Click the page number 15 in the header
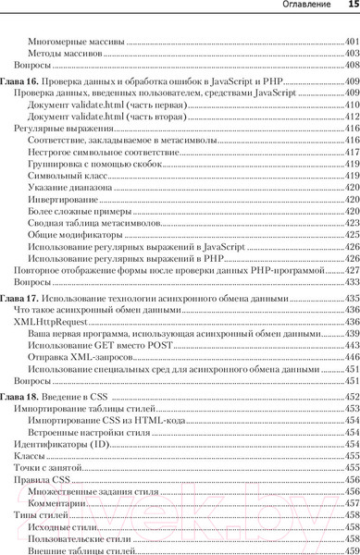pyautogui.click(x=353, y=7)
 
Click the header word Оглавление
pyautogui.click(x=308, y=7)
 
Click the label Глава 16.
pyautogui.click(x=21, y=83)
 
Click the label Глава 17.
pyautogui.click(x=21, y=299)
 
